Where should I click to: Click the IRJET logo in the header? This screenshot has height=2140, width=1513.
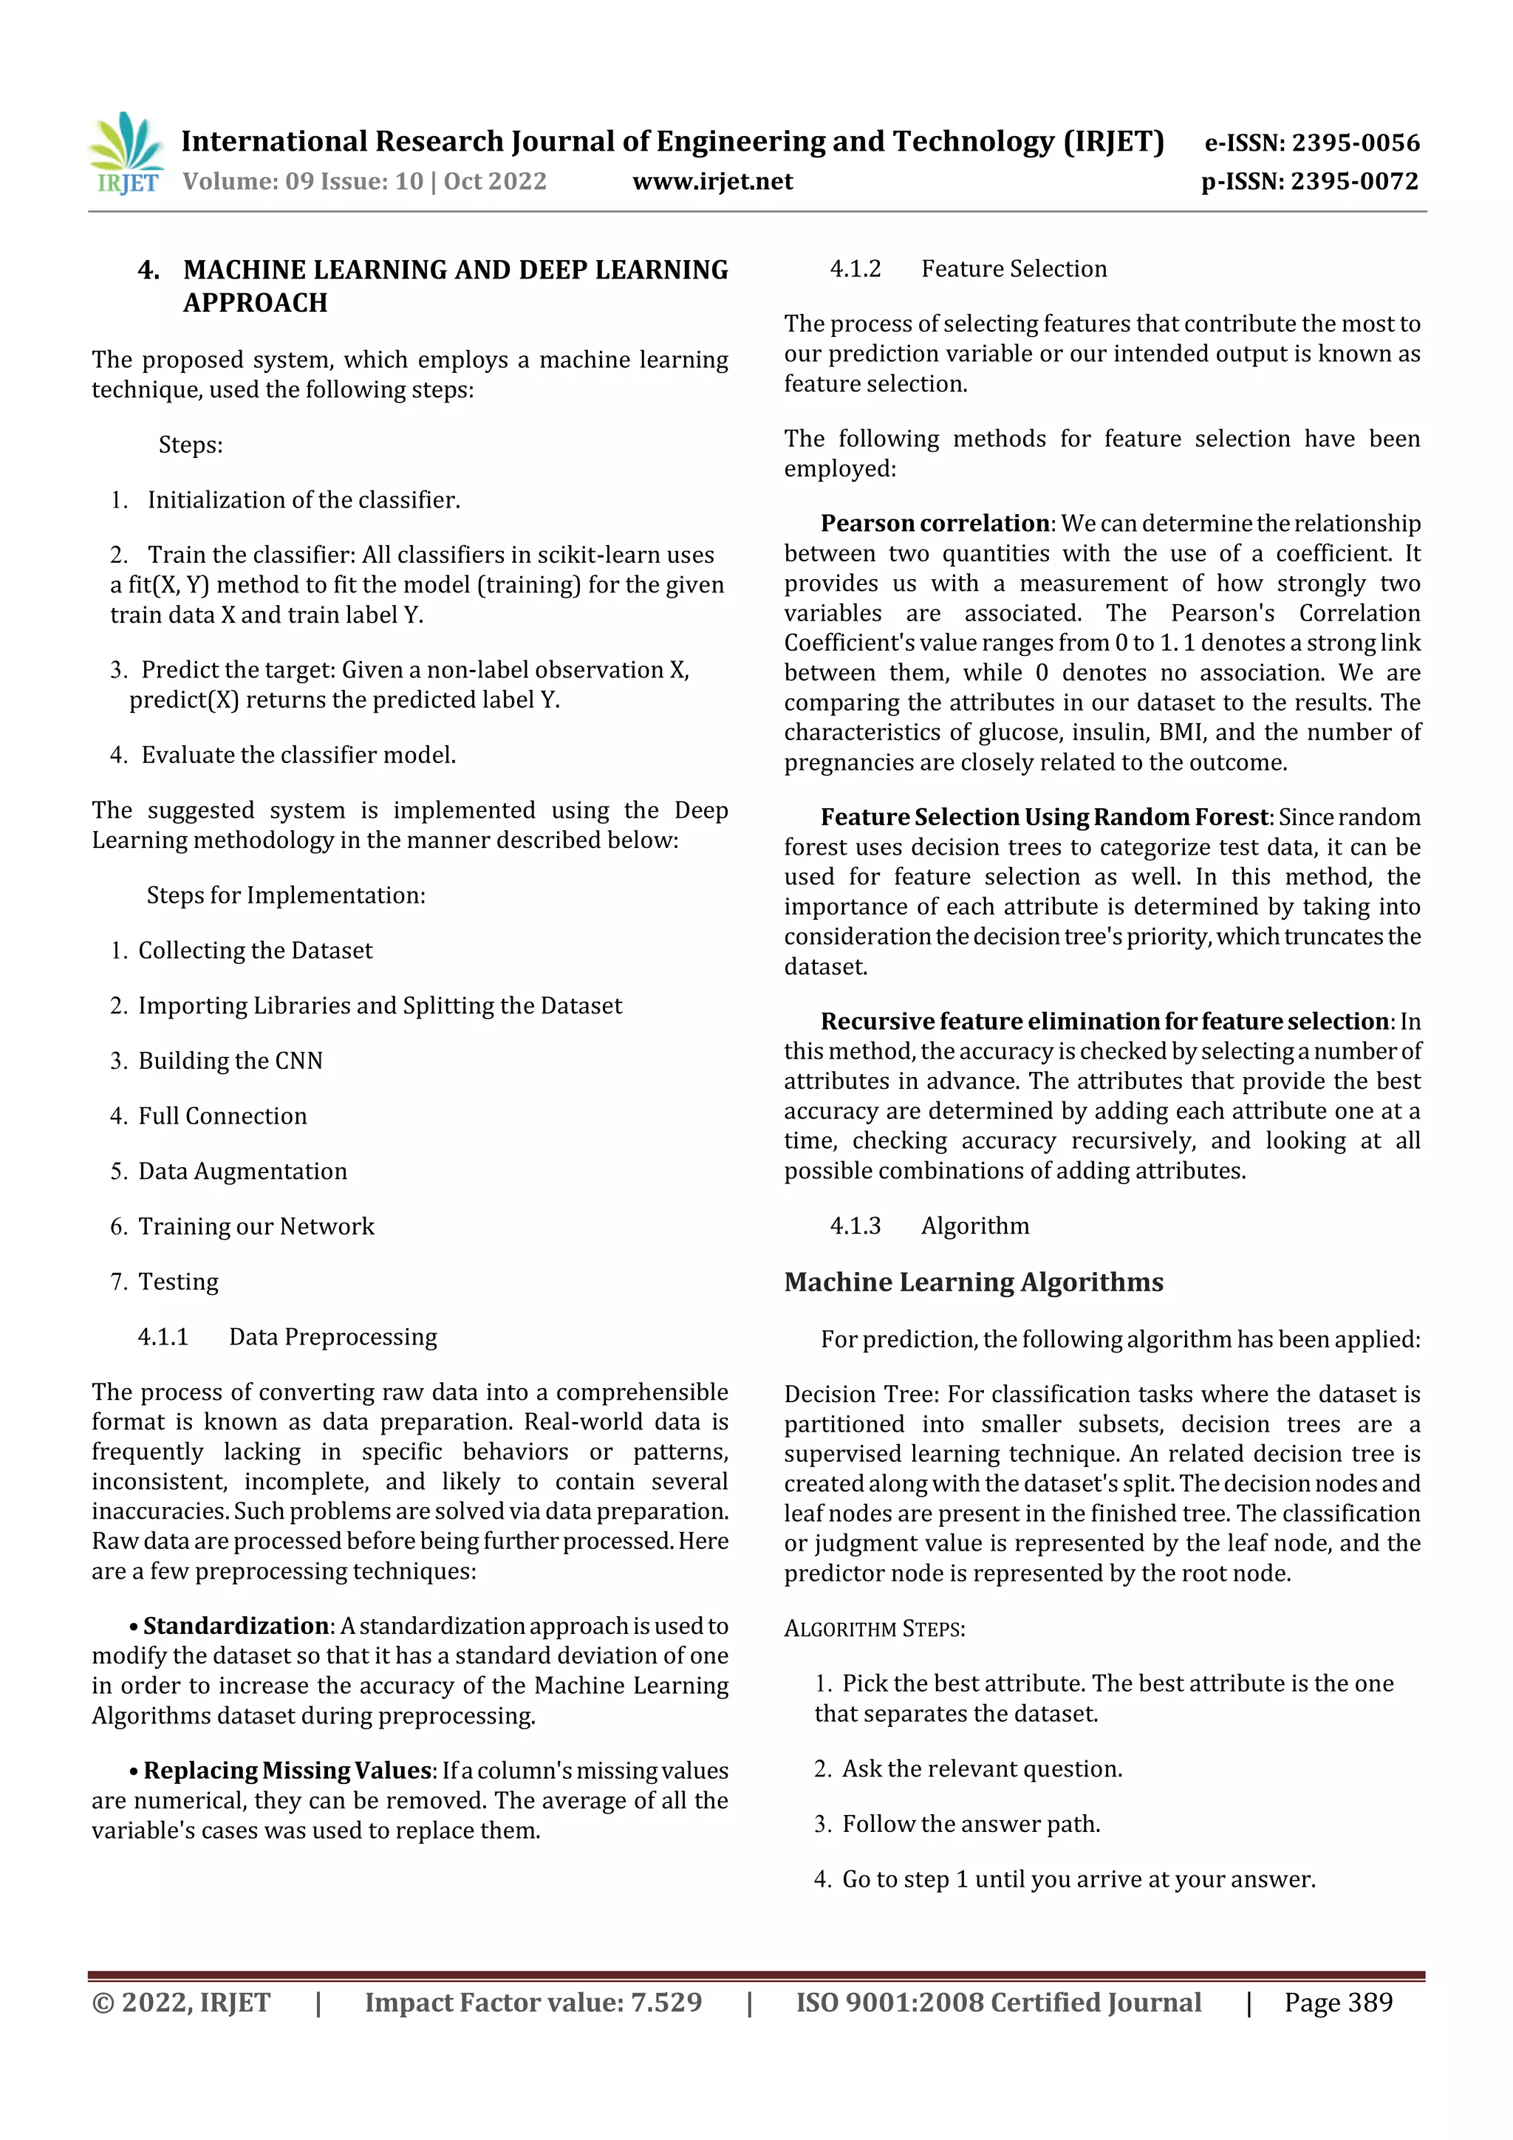pyautogui.click(x=126, y=154)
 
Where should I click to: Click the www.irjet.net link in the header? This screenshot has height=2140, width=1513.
pyautogui.click(x=712, y=182)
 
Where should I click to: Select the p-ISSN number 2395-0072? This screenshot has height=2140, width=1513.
pyautogui.click(x=1354, y=182)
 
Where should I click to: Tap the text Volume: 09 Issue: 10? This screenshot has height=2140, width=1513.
pyautogui.click(x=303, y=182)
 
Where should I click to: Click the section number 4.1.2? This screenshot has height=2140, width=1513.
pyautogui.click(x=855, y=270)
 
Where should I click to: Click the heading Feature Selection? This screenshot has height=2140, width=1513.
pyautogui.click(x=1014, y=270)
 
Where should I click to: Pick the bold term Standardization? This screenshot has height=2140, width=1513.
pyautogui.click(x=236, y=1626)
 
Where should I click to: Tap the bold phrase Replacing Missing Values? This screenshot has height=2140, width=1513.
pyautogui.click(x=289, y=1770)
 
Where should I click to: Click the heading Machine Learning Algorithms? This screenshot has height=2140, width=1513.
pyautogui.click(x=973, y=1282)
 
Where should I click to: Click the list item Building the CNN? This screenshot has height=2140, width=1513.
pyautogui.click(x=230, y=1061)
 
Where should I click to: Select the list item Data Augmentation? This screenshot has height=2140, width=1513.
pyautogui.click(x=242, y=1172)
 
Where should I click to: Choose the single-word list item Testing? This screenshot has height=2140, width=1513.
pyautogui.click(x=178, y=1282)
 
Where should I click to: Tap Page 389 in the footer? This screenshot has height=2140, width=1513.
pyautogui.click(x=1338, y=2002)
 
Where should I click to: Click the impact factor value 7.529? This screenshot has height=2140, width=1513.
pyautogui.click(x=666, y=2002)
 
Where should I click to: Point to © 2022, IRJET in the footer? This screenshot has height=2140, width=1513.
pyautogui.click(x=181, y=2002)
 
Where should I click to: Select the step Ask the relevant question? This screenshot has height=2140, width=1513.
pyautogui.click(x=982, y=1769)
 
